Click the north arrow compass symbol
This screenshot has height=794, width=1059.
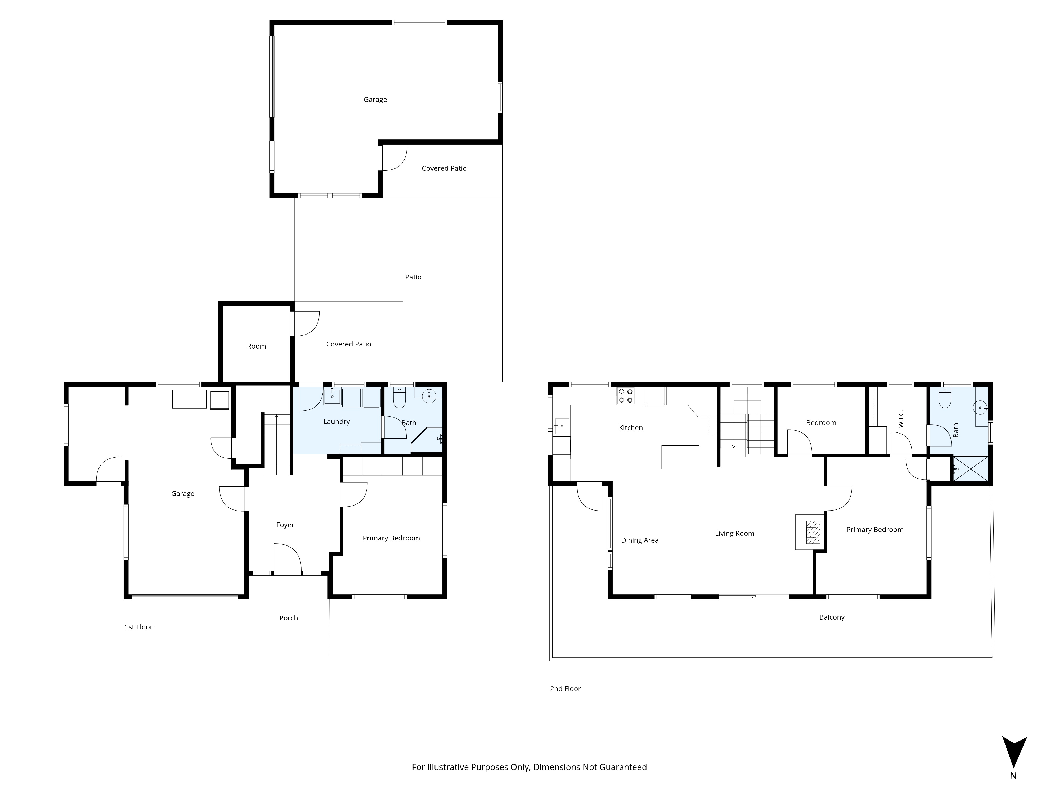[1014, 754]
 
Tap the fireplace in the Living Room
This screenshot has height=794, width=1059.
[813, 532]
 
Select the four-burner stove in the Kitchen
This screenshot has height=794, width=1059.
[626, 396]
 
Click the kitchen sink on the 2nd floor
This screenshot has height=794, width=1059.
[562, 426]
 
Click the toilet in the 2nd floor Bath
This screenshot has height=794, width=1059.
[945, 398]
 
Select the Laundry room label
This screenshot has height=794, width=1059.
[336, 422]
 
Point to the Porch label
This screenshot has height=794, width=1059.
[289, 618]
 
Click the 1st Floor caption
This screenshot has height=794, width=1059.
[139, 627]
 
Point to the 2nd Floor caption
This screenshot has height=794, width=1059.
[566, 689]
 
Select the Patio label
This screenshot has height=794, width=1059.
[413, 277]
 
